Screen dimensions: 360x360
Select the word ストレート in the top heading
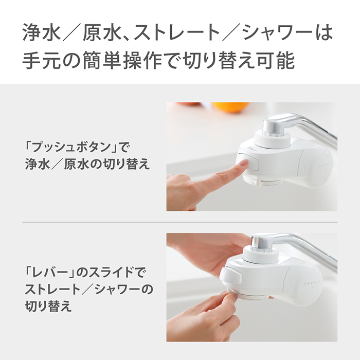coord(188,33)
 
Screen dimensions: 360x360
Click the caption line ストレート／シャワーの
coord(88,289)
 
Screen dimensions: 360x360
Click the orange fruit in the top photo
coord(230,107)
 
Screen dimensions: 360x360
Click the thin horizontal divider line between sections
coord(180,222)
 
